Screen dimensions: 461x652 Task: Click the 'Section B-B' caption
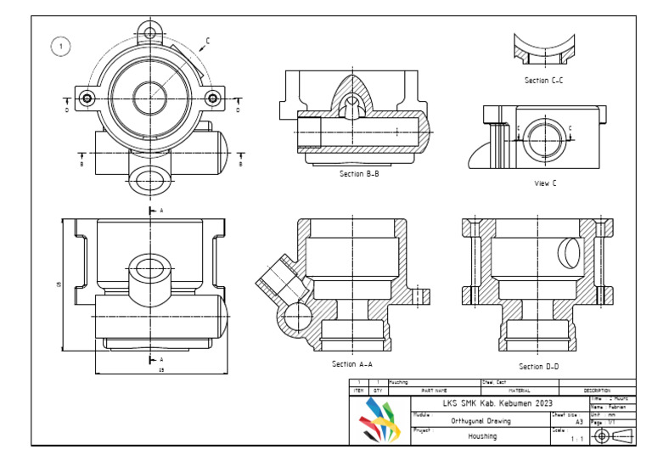[359, 174]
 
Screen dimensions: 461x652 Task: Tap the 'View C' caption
[545, 183]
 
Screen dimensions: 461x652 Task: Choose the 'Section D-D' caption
[539, 367]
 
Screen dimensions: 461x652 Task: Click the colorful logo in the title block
[380, 420]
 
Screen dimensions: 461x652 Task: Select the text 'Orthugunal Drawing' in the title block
[481, 420]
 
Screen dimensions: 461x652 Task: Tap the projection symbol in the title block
[611, 436]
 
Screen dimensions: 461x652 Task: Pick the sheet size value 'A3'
[579, 421]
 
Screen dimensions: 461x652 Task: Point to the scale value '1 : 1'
[577, 439]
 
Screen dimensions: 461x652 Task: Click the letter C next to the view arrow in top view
[208, 40]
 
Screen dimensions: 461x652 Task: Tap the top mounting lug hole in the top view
[151, 33]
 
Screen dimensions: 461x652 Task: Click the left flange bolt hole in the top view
[86, 98]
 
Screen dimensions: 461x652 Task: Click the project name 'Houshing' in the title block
[482, 436]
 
